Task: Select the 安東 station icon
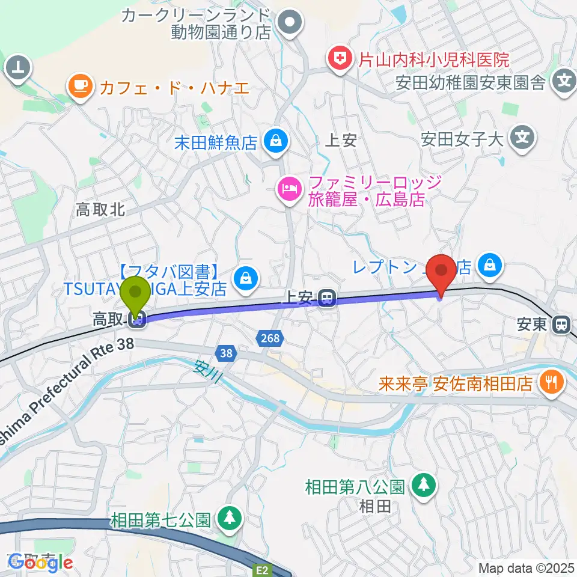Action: point(561,325)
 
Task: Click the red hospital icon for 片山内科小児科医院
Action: point(339,60)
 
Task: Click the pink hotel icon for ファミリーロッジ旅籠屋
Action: point(289,191)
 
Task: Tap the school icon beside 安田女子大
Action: point(522,139)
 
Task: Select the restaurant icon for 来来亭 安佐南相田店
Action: point(550,382)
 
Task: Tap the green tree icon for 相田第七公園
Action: point(229,517)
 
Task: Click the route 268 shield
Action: point(270,339)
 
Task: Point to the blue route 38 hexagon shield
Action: point(226,354)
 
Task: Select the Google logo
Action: point(41,562)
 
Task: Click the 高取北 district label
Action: point(100,209)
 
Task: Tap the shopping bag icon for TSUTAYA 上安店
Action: point(245,278)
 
